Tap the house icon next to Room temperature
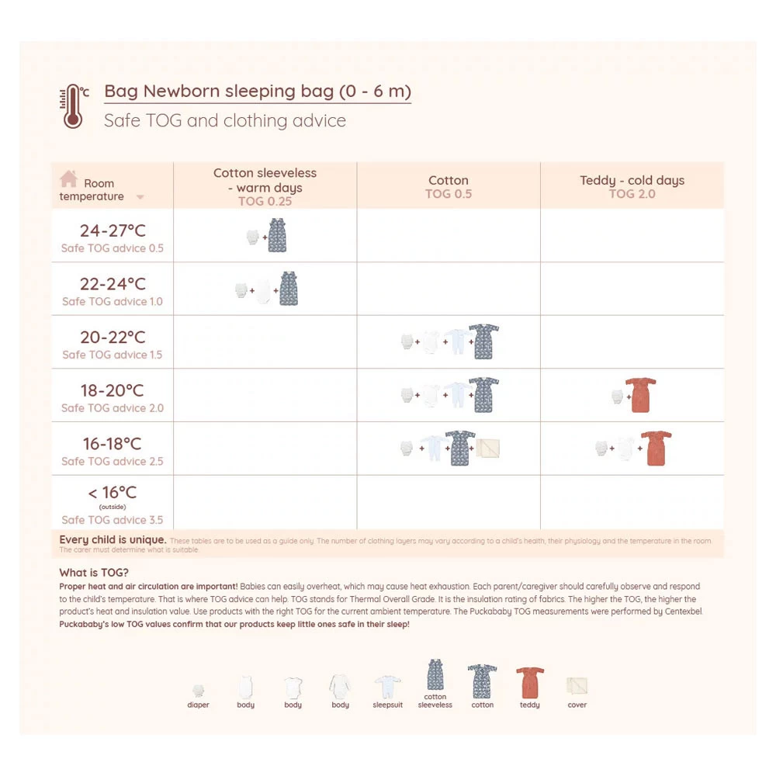coord(69,178)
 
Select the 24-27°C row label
coord(113,230)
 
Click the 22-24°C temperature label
coord(113,284)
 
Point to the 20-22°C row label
coord(113,338)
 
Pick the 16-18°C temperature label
coord(113,444)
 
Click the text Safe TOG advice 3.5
coord(113,520)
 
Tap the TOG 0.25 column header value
coord(265,201)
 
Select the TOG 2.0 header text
coord(632,194)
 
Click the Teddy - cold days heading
coord(632,180)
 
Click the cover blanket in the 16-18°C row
coord(489,449)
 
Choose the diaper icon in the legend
coord(199,690)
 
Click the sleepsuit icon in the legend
coord(387,688)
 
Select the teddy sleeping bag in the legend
coord(530,683)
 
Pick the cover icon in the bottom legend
coord(577,687)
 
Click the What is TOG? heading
coord(83,573)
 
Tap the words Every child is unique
coord(113,539)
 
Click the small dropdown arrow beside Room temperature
coord(140,197)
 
